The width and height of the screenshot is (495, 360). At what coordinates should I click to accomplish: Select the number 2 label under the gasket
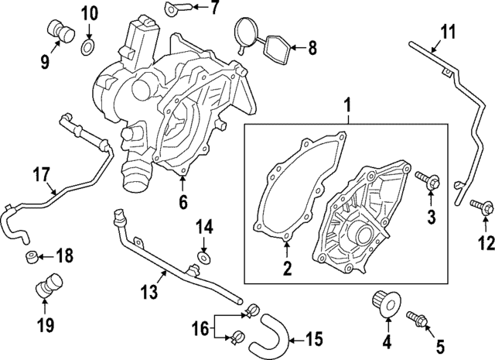click(x=286, y=269)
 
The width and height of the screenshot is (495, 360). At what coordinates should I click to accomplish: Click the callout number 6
click(x=183, y=203)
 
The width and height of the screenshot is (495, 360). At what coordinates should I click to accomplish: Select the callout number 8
click(x=312, y=48)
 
